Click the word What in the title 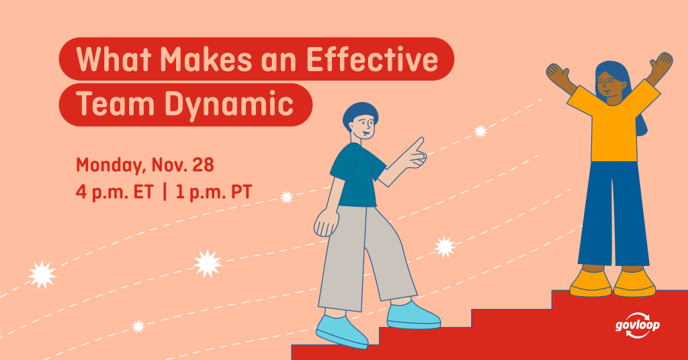[114, 58]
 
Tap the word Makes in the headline [206, 58]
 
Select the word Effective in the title [372, 58]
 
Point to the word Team [116, 104]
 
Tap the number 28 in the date [203, 165]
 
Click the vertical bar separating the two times [165, 192]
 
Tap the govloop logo [638, 325]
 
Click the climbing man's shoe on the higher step [413, 315]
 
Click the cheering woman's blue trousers [613, 214]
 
